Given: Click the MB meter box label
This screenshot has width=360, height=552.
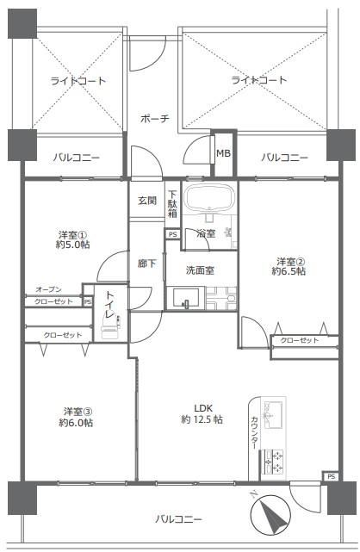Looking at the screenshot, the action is [223, 153].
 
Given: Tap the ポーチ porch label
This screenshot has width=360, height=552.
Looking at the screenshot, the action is [155, 118].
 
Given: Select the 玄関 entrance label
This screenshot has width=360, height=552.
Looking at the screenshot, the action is [147, 201].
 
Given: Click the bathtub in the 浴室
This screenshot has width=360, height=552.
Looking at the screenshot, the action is [210, 199].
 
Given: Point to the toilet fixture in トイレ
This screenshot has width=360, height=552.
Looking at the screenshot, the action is [110, 327].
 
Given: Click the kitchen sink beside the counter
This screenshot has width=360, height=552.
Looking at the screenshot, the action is [273, 415].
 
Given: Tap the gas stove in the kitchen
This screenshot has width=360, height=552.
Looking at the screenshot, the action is [273, 462].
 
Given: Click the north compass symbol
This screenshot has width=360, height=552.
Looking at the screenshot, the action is [271, 510].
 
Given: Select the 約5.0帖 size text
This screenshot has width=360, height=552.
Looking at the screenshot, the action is [73, 245].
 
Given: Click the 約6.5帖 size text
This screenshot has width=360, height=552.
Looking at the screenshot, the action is [289, 271].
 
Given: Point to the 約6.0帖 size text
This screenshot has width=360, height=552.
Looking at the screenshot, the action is [76, 423].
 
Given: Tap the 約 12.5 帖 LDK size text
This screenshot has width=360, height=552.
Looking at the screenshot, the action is [202, 419].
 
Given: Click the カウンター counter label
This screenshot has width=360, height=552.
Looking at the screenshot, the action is [254, 433].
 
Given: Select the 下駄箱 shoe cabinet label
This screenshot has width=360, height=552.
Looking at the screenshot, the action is [172, 204].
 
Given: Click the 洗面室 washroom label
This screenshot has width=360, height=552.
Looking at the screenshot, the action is [200, 270].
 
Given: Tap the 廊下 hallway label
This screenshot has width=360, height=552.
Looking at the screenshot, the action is [146, 263].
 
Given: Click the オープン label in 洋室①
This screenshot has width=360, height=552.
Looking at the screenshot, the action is [48, 289].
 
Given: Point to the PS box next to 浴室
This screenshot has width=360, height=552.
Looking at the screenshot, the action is [172, 234].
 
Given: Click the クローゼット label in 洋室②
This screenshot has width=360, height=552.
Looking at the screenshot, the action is [300, 340].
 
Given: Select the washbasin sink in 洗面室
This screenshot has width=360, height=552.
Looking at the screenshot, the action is [186, 299].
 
